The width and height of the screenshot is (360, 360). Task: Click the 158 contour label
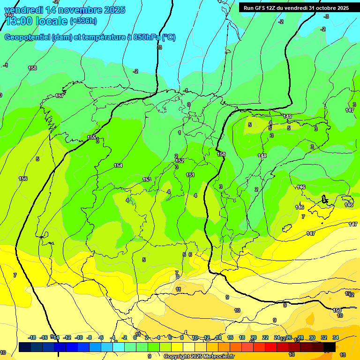(x=32, y=68)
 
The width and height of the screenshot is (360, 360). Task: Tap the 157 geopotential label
(x=60, y=96)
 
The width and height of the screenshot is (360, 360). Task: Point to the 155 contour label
(x=92, y=137)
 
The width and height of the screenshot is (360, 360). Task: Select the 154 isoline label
(x=118, y=165)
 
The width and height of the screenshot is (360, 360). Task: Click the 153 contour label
(x=147, y=180)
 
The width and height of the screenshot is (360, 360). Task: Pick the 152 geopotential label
(x=180, y=161)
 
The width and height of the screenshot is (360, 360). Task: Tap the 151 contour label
(x=190, y=175)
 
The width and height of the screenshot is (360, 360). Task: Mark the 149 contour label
(x=287, y=116)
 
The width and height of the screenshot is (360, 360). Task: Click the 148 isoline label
(x=262, y=156)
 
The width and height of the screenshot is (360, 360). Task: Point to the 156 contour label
(x=23, y=179)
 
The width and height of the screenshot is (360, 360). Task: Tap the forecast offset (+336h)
(x=83, y=21)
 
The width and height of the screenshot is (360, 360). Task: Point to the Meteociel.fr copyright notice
(x=199, y=356)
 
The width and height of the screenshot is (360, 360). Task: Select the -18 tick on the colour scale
(x=32, y=337)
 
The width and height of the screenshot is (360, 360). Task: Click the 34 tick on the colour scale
(x=336, y=337)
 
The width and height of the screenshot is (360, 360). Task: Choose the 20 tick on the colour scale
(x=254, y=337)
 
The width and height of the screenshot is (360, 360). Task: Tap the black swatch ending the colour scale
(x=330, y=347)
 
